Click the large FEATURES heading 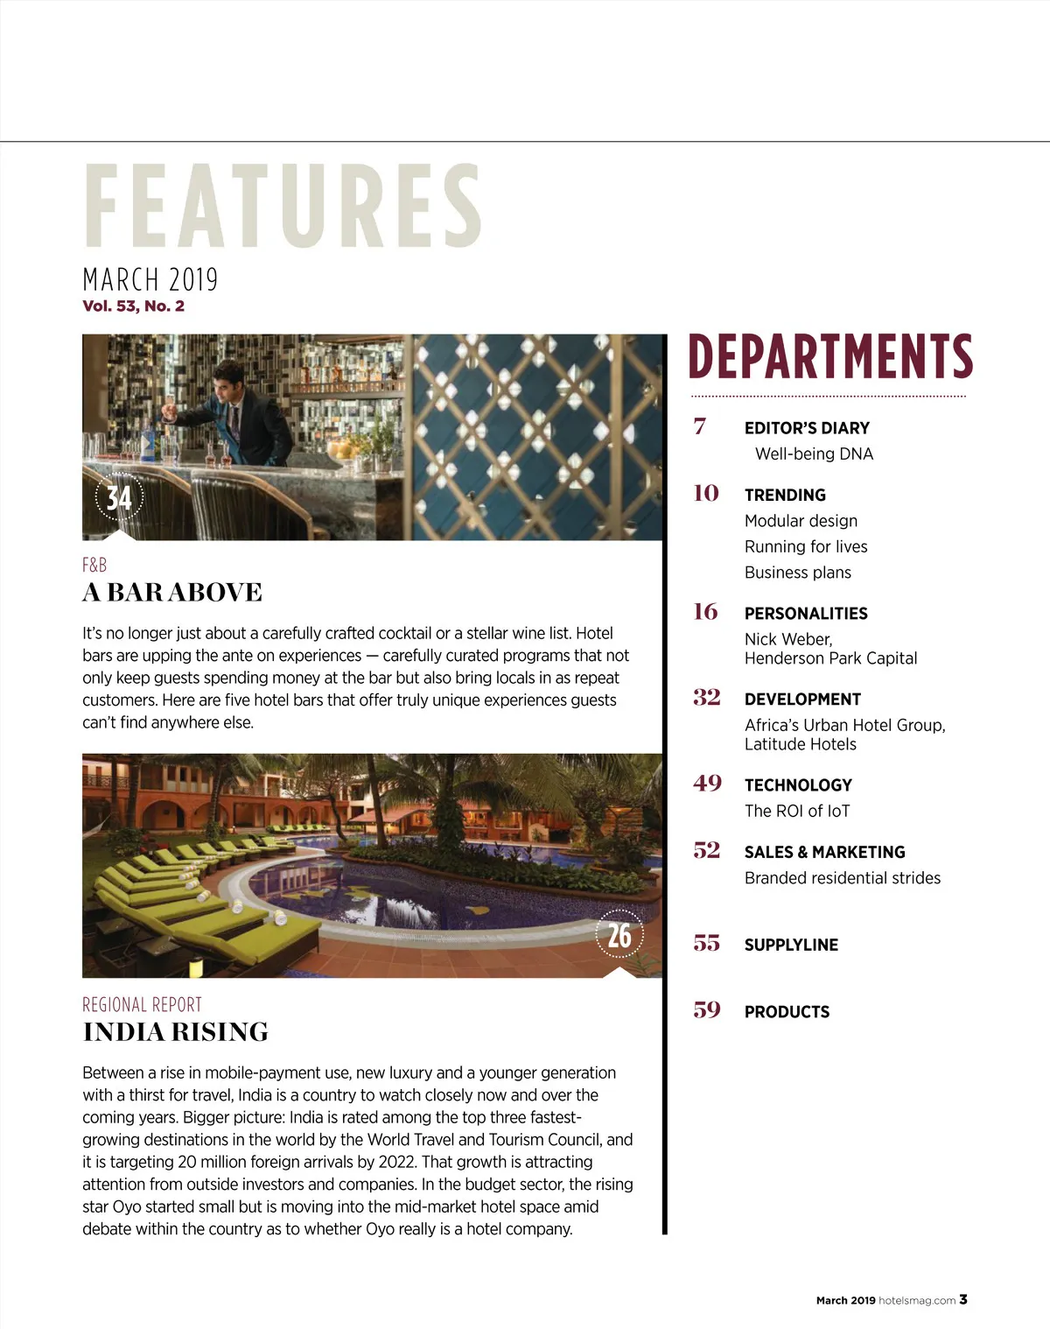pos(283,206)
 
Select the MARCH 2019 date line pos(150,280)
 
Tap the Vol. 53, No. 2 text pos(133,306)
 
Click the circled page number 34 pos(118,498)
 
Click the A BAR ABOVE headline pos(172,593)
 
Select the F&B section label pos(94,566)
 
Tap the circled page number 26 pos(619,936)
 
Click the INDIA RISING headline pos(176,1032)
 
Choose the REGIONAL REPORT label pos(142,1005)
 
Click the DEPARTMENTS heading pos(830,356)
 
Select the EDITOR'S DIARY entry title pos(807,428)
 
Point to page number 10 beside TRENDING pos(706,494)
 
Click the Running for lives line pos(806,547)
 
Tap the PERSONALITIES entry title pos(806,614)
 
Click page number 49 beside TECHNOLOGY pos(707,784)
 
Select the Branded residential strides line pos(843,878)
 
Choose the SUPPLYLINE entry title pos(791,946)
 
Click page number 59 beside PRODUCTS pos(707,1010)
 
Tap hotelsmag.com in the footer pos(917,1301)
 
